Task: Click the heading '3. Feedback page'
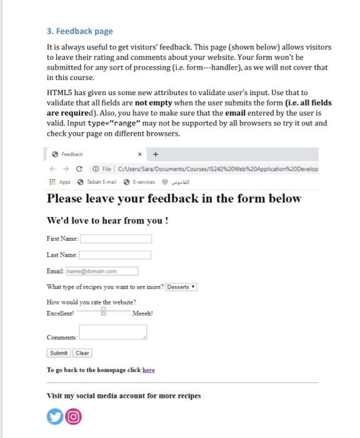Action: coord(80,31)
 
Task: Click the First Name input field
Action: coord(116,238)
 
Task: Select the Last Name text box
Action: coord(115,255)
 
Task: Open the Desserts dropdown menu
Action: coord(181,287)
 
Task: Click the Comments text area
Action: coord(112,332)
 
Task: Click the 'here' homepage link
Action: coord(148,370)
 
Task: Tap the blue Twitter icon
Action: coord(55,417)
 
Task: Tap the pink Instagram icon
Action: coord(74,417)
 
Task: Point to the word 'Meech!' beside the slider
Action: coord(142,313)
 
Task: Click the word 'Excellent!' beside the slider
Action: coord(61,313)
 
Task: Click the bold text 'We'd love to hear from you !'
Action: coord(107,221)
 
